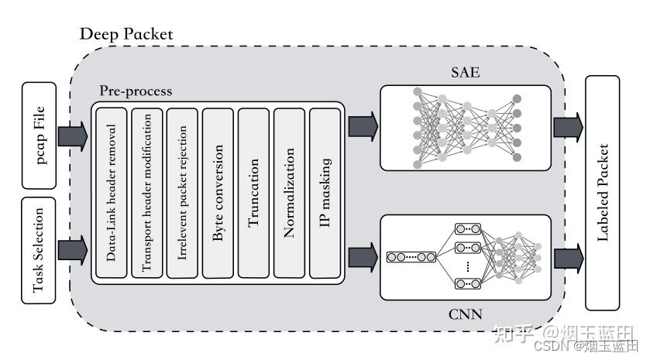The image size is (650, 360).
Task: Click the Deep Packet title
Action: click(126, 35)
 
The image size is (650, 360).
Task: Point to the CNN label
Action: click(465, 314)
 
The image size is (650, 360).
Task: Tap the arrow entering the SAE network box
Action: click(363, 124)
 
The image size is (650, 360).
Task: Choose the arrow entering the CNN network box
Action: click(363, 255)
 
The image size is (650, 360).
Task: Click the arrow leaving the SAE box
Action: click(569, 125)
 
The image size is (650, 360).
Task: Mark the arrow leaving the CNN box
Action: click(569, 255)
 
